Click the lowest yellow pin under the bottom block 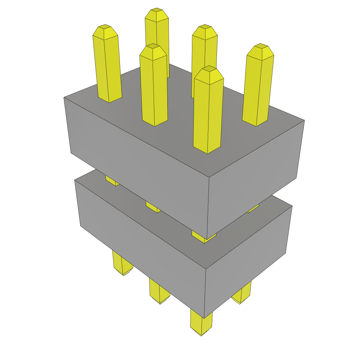(201, 323)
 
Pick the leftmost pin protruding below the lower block (122, 264)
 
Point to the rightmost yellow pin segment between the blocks (253, 209)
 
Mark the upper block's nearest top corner (209, 177)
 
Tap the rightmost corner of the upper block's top (304, 121)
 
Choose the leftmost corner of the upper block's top (64, 97)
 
